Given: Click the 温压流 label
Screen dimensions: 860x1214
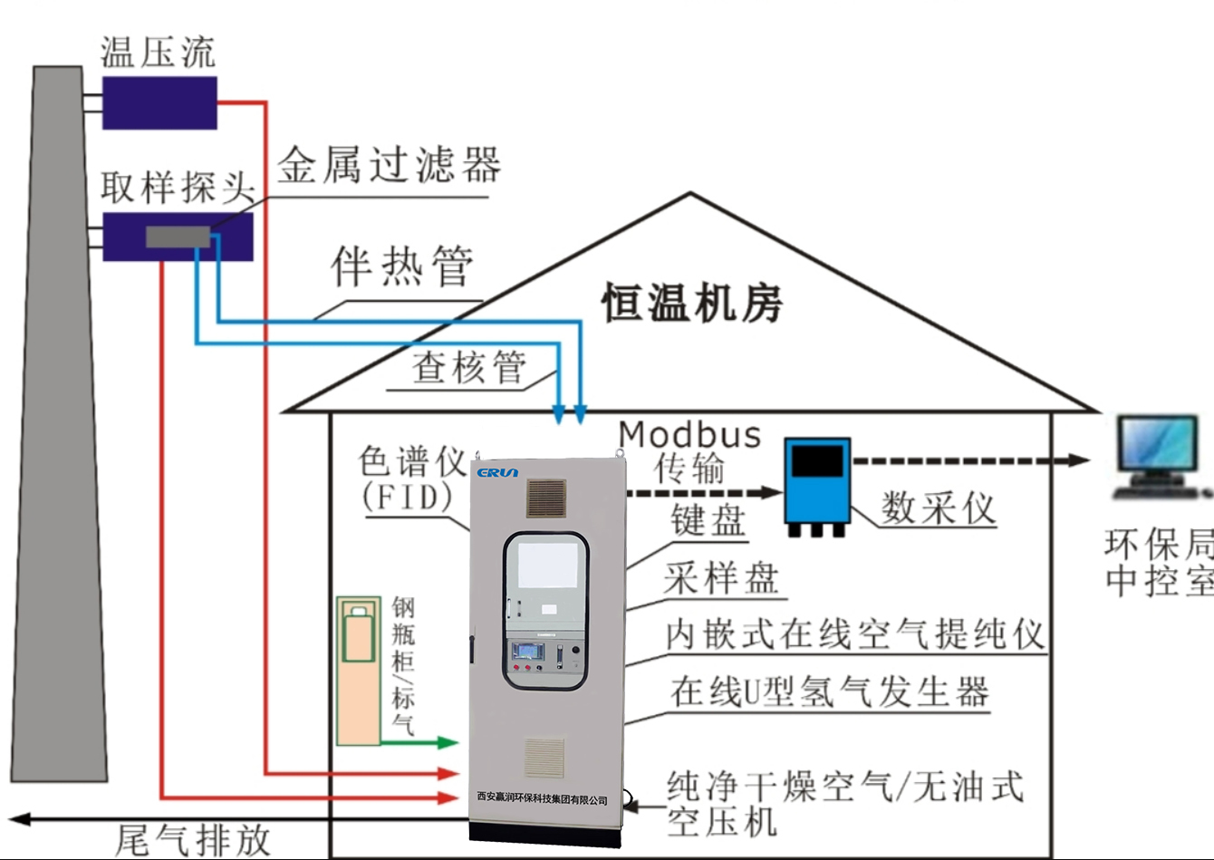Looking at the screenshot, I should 158,53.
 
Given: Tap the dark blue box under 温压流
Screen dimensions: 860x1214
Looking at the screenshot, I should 159,102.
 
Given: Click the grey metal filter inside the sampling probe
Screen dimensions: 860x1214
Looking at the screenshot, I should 178,237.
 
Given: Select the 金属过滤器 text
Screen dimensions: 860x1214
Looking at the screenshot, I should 389,166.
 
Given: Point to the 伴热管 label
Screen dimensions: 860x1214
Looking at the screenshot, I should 401,266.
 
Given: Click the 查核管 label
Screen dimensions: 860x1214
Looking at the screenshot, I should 468,367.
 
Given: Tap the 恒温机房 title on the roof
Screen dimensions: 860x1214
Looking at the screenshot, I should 692,303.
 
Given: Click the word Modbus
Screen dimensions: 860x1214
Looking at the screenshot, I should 689,435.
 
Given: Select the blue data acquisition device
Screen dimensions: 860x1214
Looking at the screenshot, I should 816,481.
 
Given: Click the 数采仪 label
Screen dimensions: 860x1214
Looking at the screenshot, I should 938,507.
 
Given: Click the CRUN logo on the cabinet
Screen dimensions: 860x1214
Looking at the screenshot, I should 497,472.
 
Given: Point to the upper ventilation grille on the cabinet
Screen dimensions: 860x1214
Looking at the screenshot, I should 546,498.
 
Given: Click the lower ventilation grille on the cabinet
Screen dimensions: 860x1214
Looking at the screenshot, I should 544,758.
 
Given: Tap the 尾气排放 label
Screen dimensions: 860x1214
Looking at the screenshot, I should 193,840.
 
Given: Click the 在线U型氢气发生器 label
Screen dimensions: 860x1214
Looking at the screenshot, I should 829,692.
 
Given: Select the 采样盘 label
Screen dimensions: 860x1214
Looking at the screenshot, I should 721,578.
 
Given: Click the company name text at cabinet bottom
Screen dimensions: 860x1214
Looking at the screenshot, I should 542,799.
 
